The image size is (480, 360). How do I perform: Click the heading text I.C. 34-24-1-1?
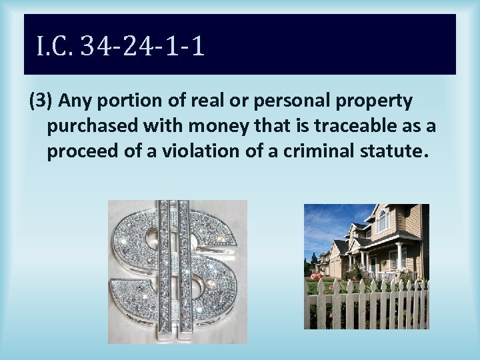120,46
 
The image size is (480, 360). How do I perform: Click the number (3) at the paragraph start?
41,101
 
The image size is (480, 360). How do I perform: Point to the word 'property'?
377,101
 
